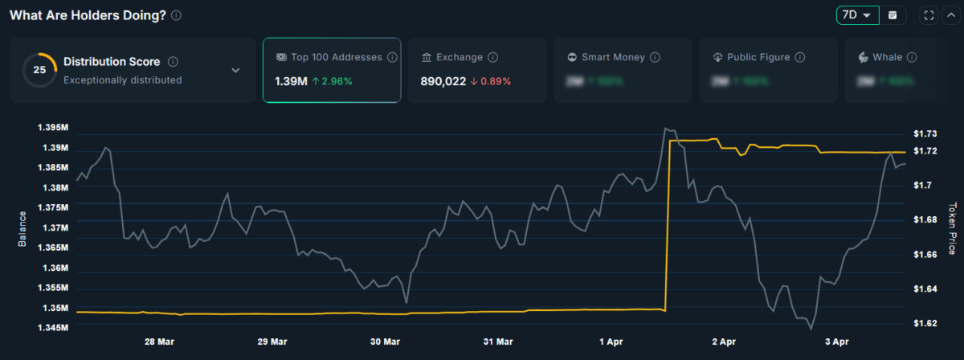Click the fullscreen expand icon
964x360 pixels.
[929, 15]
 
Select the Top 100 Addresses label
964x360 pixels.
[337, 58]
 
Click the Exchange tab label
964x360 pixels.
[459, 58]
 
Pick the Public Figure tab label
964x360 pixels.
[758, 58]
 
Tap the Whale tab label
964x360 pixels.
[887, 58]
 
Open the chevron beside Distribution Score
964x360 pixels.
[235, 70]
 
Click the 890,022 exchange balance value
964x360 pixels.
[443, 81]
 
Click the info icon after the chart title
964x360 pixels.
[176, 15]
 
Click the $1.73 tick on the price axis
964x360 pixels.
[925, 133]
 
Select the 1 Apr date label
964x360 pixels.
[612, 342]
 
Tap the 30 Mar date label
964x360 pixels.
[386, 342]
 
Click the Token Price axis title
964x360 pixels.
[953, 228]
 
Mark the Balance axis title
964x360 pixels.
[22, 228]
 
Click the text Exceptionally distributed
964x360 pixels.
[122, 80]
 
